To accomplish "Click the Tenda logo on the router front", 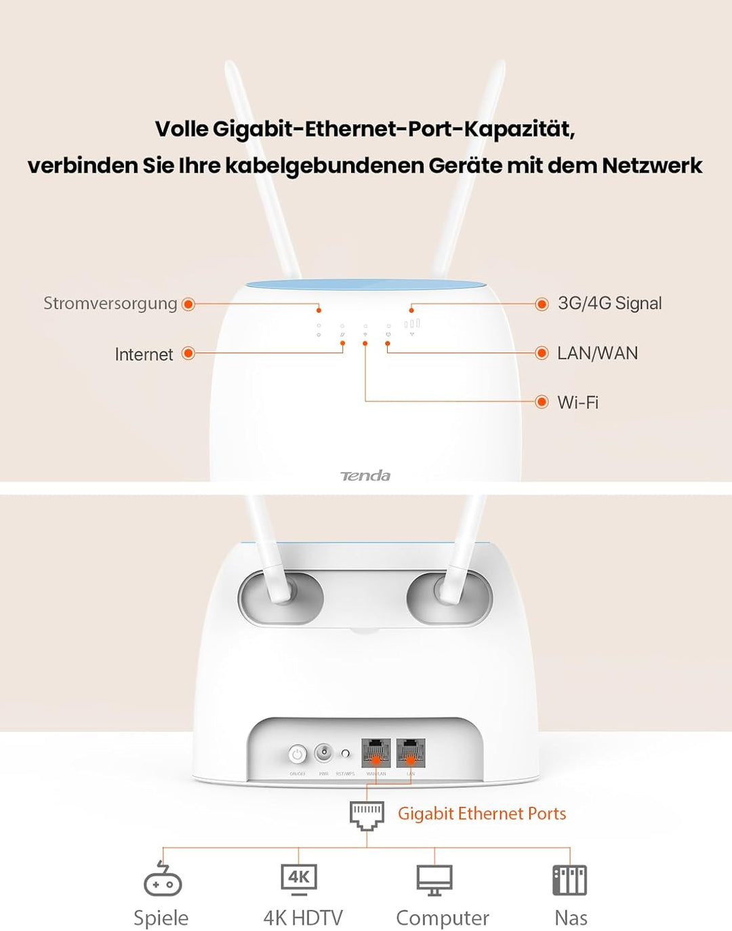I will click(365, 475).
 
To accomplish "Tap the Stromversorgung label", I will click(110, 303).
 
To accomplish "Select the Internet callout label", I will click(144, 354).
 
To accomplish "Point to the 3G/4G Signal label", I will click(609, 303).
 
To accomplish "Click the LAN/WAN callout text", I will click(597, 353).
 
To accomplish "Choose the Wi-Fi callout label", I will click(577, 402).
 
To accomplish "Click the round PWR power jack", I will click(325, 752).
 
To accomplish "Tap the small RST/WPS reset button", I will click(346, 753).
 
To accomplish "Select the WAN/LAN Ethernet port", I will click(375, 752).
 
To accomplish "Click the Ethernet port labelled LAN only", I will click(411, 752).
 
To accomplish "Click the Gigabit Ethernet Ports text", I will click(481, 813).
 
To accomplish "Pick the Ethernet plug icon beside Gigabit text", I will click(367, 815).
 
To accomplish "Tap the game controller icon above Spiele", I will click(163, 879).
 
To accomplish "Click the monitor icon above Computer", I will click(434, 880).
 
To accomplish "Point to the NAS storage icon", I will click(570, 880).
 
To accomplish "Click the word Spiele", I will click(161, 917).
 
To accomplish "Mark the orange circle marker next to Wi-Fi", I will click(542, 402).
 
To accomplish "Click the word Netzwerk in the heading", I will click(652, 165).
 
